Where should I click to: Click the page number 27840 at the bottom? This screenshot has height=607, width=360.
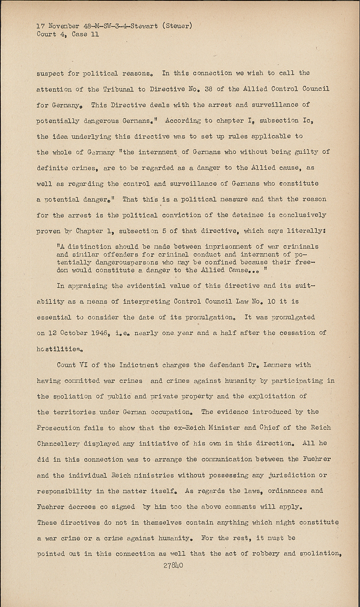point(173,565)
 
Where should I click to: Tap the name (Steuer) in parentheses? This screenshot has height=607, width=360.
point(177,26)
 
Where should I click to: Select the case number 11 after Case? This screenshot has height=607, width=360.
point(94,34)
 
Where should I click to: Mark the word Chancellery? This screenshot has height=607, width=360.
point(58,444)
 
